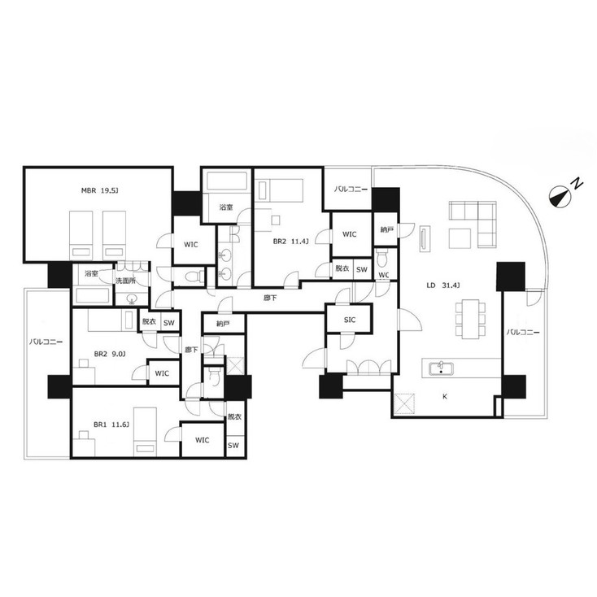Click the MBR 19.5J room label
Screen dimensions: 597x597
(x=99, y=190)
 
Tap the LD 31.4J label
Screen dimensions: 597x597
(x=443, y=285)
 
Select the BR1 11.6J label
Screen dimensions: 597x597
(x=111, y=425)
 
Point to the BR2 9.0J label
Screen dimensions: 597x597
(x=110, y=354)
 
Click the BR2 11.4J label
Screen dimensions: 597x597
(x=291, y=242)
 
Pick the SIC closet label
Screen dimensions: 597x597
(x=350, y=320)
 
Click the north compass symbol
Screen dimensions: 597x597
(x=560, y=196)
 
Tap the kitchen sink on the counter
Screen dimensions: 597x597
(x=441, y=369)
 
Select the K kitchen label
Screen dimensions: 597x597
(x=445, y=397)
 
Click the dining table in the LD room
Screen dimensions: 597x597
(x=471, y=319)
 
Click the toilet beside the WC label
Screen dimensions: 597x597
(x=381, y=259)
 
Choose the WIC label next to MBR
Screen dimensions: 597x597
(x=191, y=245)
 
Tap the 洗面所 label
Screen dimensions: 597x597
(x=125, y=281)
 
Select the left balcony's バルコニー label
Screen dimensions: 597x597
(x=46, y=342)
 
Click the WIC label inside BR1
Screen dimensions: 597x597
(x=203, y=440)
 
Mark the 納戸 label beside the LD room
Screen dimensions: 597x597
(x=386, y=229)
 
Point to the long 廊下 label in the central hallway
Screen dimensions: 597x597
(x=270, y=298)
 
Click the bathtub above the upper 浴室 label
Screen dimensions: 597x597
(x=227, y=181)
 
